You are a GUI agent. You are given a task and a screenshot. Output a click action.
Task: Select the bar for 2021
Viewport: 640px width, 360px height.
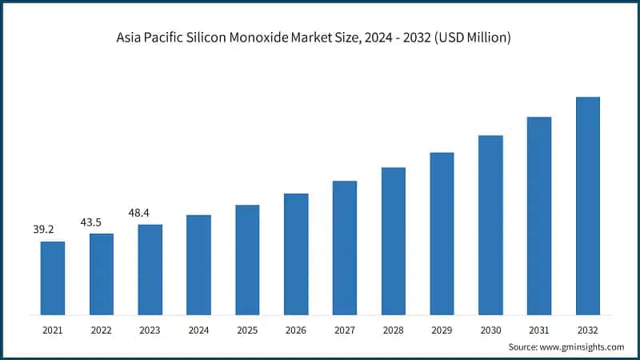point(53,278)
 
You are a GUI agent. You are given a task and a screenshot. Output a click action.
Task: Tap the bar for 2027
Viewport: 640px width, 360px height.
point(345,247)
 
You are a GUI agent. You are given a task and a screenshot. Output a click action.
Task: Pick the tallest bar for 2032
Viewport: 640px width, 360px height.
point(588,206)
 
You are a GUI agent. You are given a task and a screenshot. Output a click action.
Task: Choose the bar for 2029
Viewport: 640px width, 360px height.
point(442,233)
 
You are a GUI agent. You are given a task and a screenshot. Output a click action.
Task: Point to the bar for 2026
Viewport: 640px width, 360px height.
point(296,254)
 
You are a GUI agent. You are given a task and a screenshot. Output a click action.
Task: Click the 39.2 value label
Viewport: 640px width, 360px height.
point(43,230)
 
